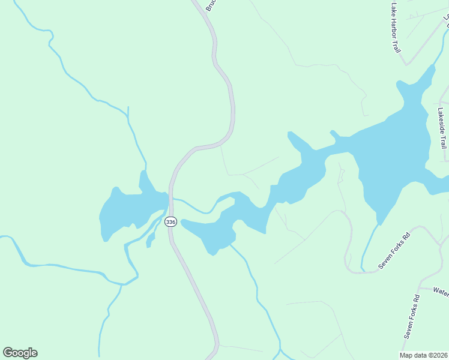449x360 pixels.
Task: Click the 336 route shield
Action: coord(170,221)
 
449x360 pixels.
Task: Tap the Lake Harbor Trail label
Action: coord(395,28)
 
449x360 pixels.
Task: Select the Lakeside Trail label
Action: coord(442,128)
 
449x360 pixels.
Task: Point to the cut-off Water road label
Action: coord(441,292)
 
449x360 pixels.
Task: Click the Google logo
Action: coord(20,353)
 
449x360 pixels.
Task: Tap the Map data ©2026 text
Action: coord(423,355)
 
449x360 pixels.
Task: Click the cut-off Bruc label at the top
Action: coord(210,5)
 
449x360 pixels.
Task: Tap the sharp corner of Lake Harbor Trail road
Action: coord(406,64)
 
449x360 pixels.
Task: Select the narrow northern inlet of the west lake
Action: coord(143,179)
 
